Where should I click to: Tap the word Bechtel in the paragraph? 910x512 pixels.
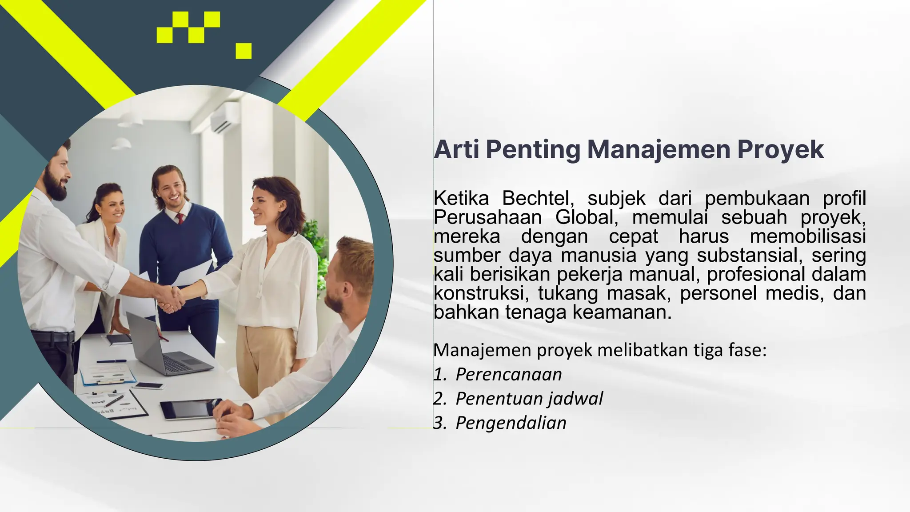[x=535, y=198]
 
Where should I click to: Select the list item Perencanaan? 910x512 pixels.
[x=509, y=375]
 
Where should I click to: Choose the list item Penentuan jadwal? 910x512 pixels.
[x=529, y=399]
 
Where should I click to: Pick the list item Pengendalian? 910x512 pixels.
[x=511, y=423]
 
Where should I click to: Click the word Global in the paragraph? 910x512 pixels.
[x=586, y=217]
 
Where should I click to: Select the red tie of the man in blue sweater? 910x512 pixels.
[x=180, y=218]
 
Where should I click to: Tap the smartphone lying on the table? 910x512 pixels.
[x=148, y=386]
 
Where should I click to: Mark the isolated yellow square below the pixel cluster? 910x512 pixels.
[x=243, y=51]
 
